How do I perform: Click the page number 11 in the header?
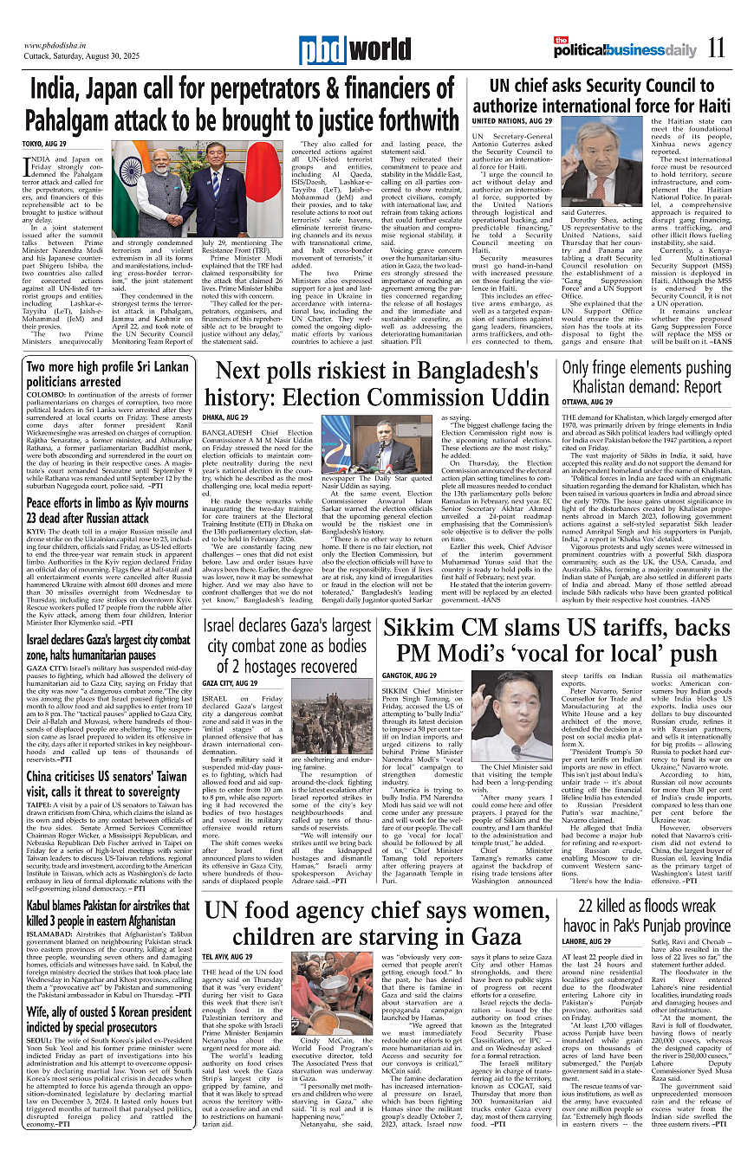pyautogui.click(x=716, y=48)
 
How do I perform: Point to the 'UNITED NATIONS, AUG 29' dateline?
pyautogui.click(x=512, y=121)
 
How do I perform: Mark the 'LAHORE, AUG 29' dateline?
pyautogui.click(x=587, y=940)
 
